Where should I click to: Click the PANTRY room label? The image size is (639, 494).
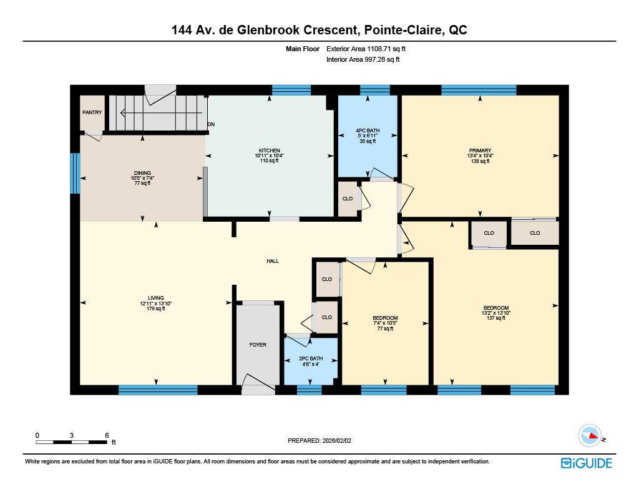click(x=92, y=112)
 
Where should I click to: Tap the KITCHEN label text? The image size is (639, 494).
click(x=270, y=151)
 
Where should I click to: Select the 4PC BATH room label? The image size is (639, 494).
click(x=368, y=131)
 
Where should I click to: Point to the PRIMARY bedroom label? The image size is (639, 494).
click(x=480, y=151)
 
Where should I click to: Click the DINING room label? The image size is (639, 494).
click(x=142, y=173)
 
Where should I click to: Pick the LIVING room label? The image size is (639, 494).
click(x=155, y=298)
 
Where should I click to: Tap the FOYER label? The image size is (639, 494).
click(x=258, y=345)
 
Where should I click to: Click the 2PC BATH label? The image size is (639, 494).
click(x=311, y=358)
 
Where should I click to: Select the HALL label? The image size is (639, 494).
click(x=273, y=261)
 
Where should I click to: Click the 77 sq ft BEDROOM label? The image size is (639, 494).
click(x=385, y=318)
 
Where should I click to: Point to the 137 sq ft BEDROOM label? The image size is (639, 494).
click(x=496, y=308)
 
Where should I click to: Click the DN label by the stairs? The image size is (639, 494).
click(x=211, y=124)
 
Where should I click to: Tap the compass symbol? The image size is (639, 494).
click(x=590, y=436)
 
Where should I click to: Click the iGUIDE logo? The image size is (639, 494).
click(x=587, y=463)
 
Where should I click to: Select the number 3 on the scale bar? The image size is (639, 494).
click(x=71, y=435)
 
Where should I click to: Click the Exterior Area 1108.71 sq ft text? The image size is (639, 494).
click(x=366, y=49)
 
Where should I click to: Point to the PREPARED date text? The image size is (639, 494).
click(x=319, y=440)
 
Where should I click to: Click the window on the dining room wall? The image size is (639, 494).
click(x=75, y=173)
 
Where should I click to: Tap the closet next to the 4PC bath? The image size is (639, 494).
click(x=348, y=199)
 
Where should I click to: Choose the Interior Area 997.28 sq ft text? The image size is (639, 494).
click(x=363, y=59)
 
